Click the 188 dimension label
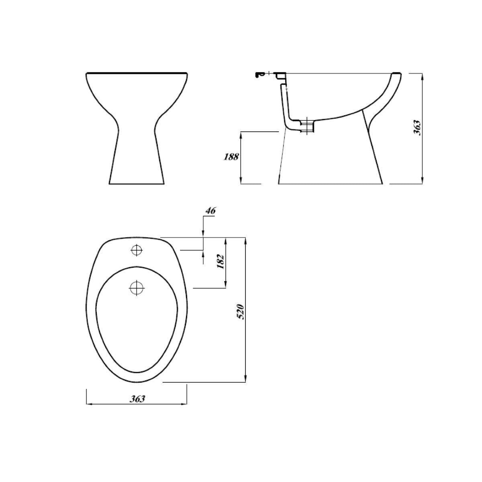(x=231, y=157)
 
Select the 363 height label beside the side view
(x=417, y=128)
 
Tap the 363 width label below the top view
(x=137, y=399)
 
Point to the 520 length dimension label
(x=241, y=311)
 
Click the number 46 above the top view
(x=210, y=210)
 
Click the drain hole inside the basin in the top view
(x=137, y=287)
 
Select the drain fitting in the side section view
(x=307, y=125)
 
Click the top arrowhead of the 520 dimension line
(x=245, y=240)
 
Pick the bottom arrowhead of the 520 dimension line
(x=245, y=380)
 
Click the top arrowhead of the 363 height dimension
(x=422, y=76)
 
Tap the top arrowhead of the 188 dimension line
(x=241, y=134)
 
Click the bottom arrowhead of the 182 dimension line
(x=226, y=285)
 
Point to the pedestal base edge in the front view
(x=137, y=184)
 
